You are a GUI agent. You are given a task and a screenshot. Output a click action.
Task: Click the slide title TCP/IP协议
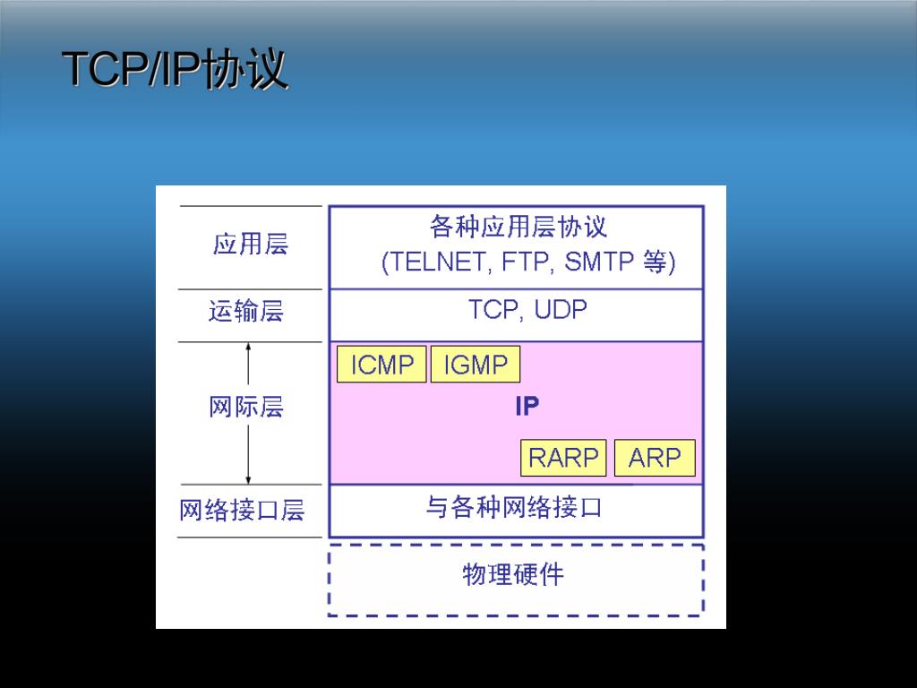tap(176, 69)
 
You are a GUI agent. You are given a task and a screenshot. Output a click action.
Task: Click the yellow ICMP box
tap(381, 365)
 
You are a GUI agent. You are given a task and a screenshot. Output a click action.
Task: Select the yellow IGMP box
tap(476, 365)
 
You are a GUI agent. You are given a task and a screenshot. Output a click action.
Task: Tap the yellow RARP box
tap(563, 458)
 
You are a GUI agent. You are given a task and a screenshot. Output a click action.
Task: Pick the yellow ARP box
tap(655, 458)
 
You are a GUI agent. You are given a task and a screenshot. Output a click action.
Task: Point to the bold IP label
tap(527, 407)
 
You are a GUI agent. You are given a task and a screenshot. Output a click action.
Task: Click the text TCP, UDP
tap(527, 310)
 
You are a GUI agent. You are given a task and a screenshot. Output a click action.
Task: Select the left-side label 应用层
tap(251, 244)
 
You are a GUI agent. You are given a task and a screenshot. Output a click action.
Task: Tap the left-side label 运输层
tap(246, 312)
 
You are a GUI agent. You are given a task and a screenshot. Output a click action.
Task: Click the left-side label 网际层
tap(246, 408)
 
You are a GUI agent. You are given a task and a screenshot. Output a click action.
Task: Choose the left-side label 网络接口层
tap(242, 511)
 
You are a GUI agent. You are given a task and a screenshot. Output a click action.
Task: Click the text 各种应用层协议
tap(518, 228)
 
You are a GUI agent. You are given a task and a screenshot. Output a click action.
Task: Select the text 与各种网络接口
tap(513, 508)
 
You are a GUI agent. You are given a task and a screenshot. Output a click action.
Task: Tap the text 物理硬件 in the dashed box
tap(513, 574)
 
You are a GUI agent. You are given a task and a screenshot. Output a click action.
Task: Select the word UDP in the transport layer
tap(561, 310)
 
